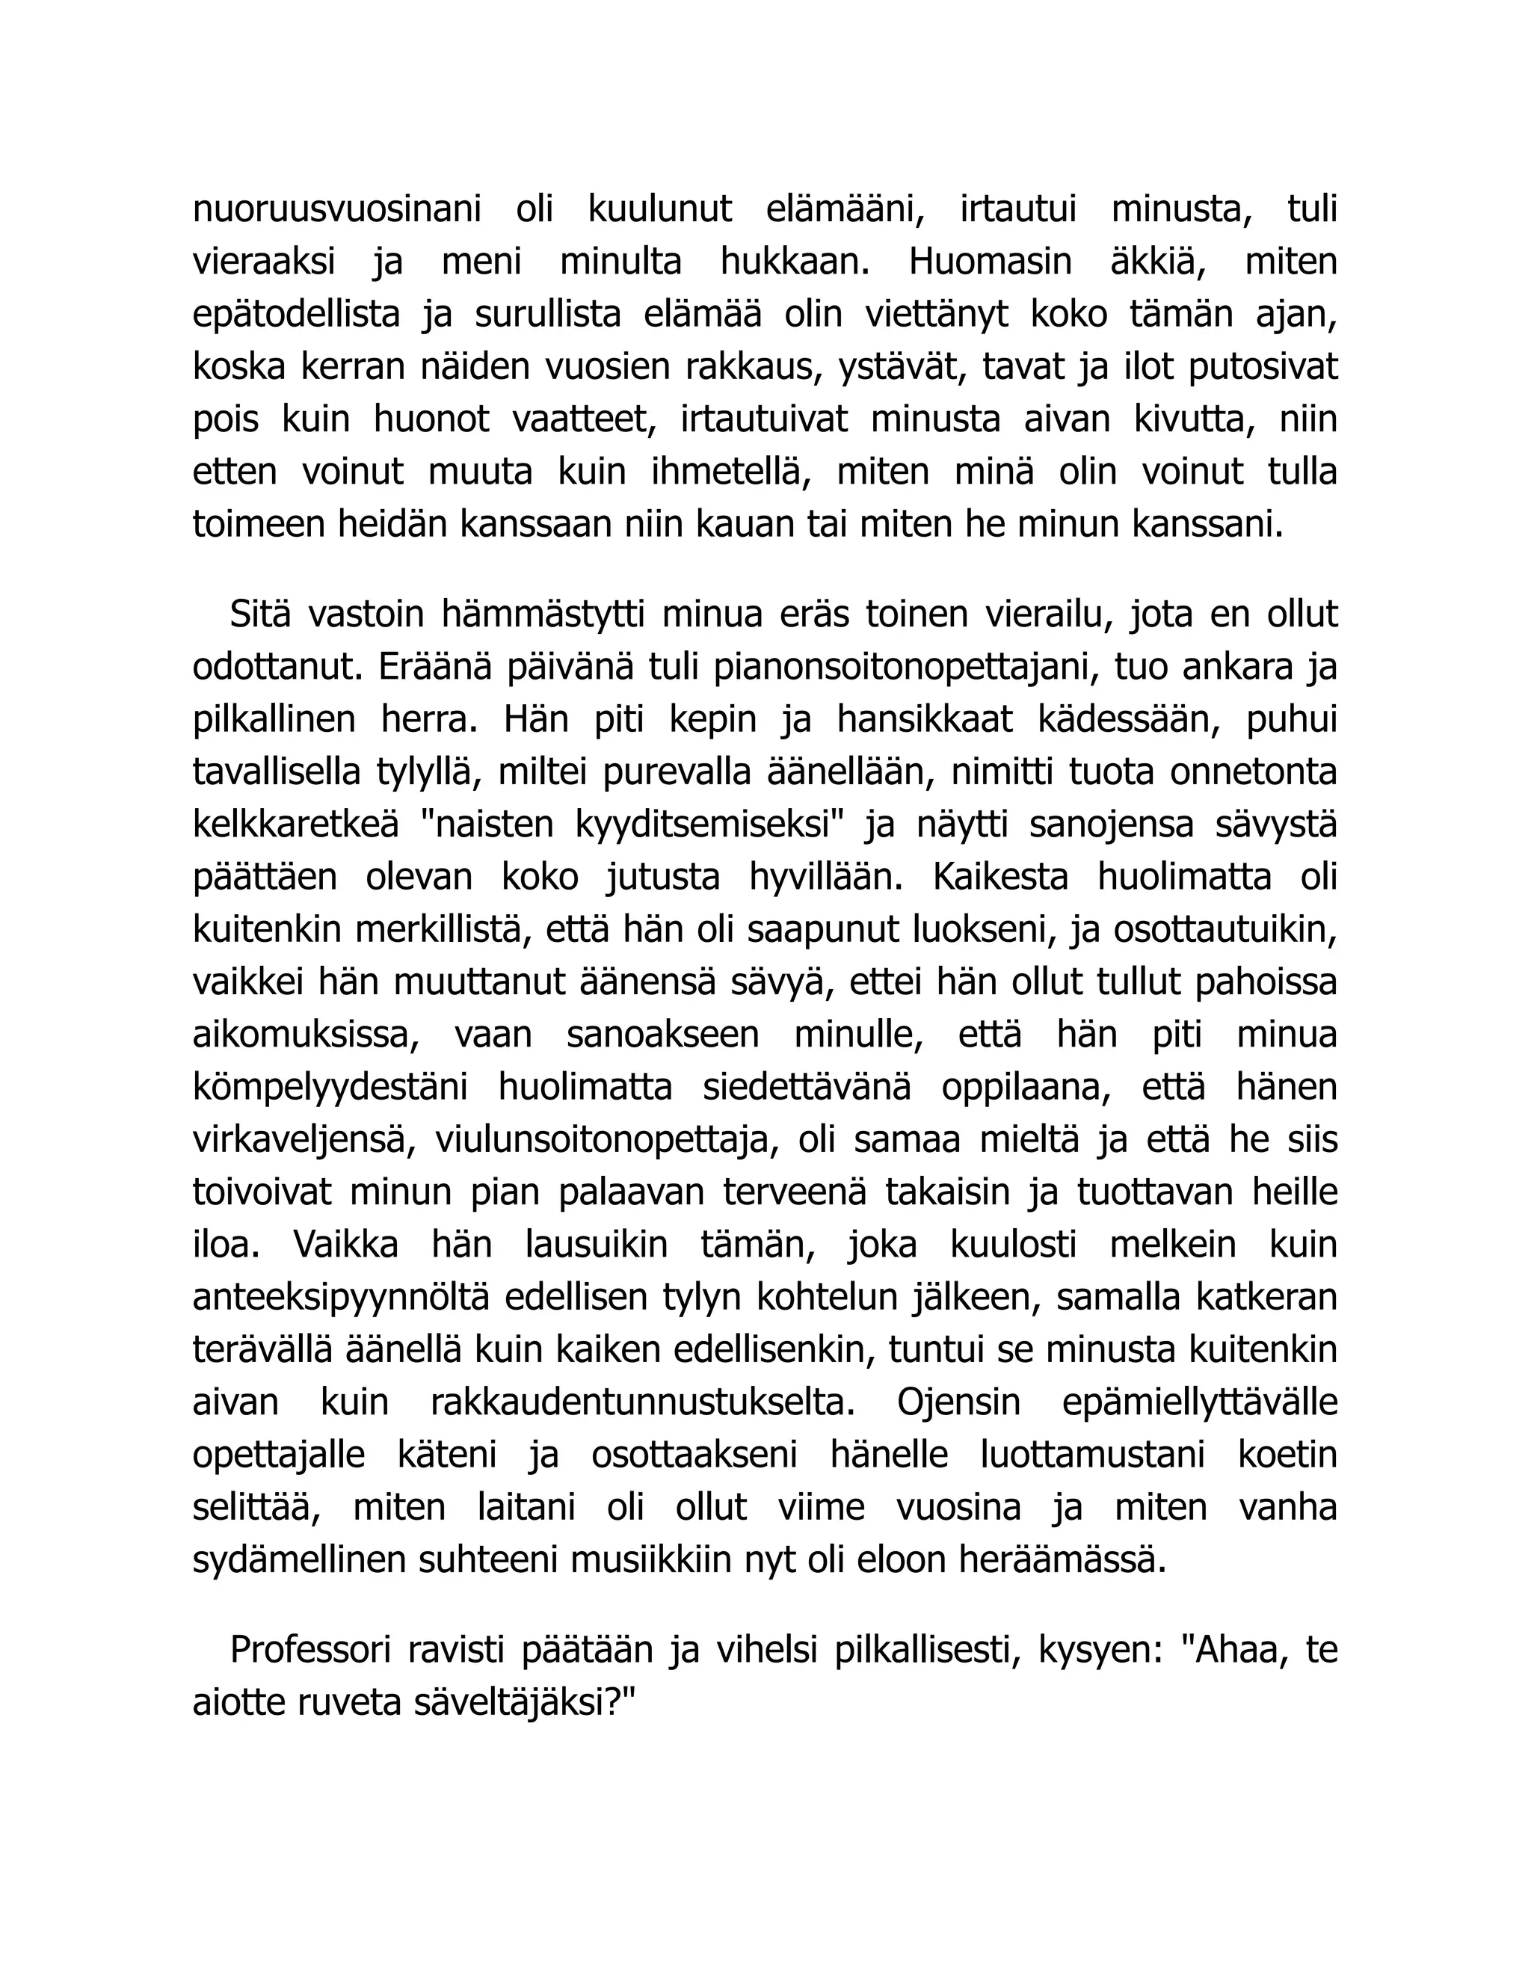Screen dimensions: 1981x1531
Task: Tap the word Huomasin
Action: click(x=990, y=263)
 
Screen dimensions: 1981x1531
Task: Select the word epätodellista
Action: click(x=296, y=315)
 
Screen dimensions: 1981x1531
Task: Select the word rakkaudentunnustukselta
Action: click(x=642, y=1403)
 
